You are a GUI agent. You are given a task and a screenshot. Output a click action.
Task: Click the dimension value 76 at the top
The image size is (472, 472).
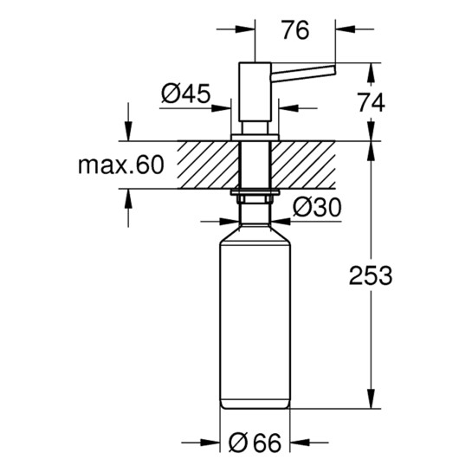[296, 31]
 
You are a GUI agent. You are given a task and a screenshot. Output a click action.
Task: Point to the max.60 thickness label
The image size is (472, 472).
[120, 165]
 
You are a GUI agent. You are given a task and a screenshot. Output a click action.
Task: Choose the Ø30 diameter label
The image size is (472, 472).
[315, 207]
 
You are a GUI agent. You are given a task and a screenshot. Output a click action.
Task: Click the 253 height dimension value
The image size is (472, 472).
[371, 275]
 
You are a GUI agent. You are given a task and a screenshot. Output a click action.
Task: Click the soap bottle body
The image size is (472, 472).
[255, 320]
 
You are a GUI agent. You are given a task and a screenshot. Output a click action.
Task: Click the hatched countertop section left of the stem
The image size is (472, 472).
[207, 165]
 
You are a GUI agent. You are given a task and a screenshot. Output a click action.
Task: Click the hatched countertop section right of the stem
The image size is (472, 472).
[304, 165]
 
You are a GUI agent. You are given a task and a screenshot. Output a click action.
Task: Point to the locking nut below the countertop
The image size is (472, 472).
[255, 191]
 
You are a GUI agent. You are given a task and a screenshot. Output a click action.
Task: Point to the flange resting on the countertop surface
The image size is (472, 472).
[255, 137]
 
